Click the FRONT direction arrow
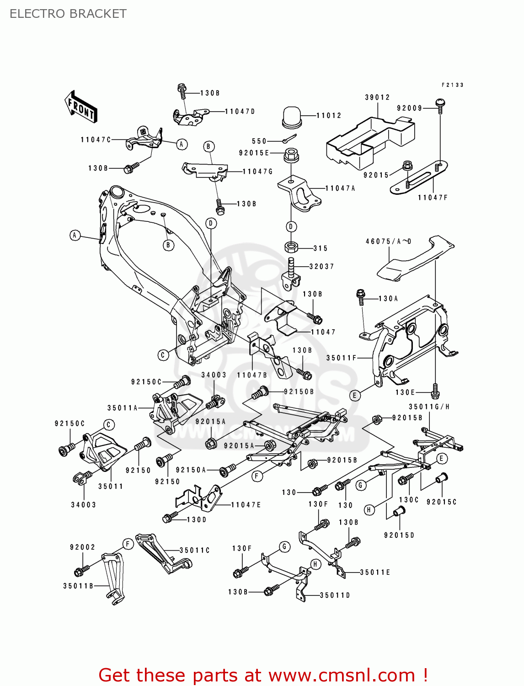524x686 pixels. coord(80,107)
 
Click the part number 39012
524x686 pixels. coord(377,97)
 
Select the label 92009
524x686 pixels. coord(409,108)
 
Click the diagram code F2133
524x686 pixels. coord(452,85)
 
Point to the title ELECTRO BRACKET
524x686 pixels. coord(68,14)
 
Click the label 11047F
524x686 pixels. coord(433,198)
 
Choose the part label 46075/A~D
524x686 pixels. coord(388,241)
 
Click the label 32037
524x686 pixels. coord(321,267)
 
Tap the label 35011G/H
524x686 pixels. coord(429,407)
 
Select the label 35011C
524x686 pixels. coord(194,550)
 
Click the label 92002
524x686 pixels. coord(82,547)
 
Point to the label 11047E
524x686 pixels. coord(246,505)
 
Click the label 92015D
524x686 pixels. coord(399,535)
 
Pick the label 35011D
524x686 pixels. coord(335,595)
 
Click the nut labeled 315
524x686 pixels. coord(291,247)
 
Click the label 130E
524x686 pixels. coord(405,392)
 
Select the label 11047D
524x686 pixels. coord(240,111)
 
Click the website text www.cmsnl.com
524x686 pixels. coord(341,675)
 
